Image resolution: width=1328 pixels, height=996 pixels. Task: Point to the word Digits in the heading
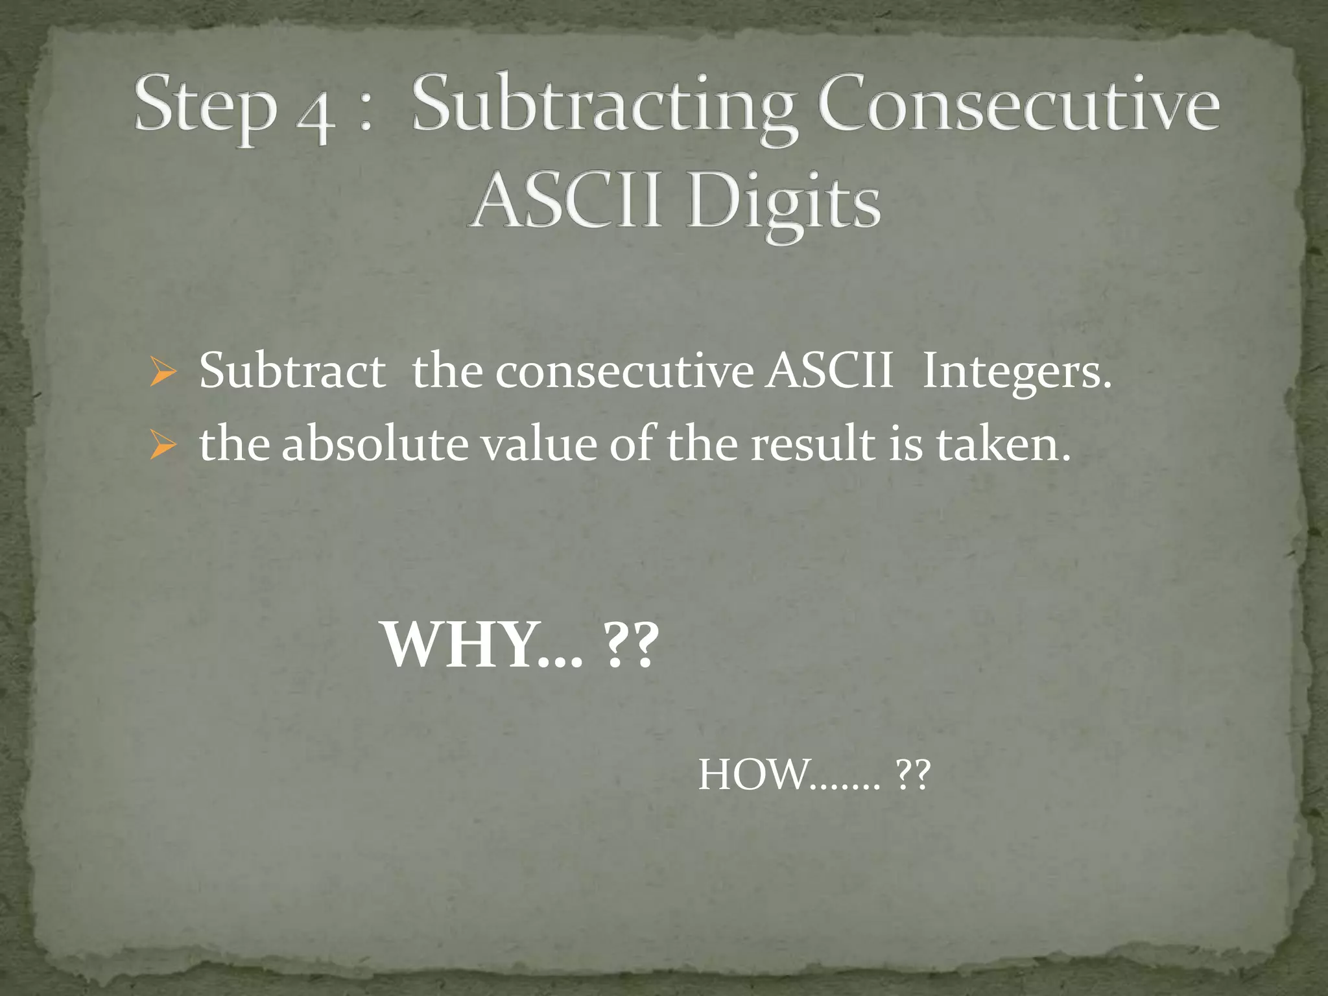(784, 202)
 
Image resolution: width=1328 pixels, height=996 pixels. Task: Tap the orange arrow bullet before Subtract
(161, 373)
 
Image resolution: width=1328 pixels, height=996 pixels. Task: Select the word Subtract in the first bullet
(292, 372)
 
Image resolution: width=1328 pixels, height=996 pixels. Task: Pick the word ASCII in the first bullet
(828, 372)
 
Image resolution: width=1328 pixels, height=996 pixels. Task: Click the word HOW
(752, 775)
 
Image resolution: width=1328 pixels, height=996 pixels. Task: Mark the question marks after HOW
(912, 775)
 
